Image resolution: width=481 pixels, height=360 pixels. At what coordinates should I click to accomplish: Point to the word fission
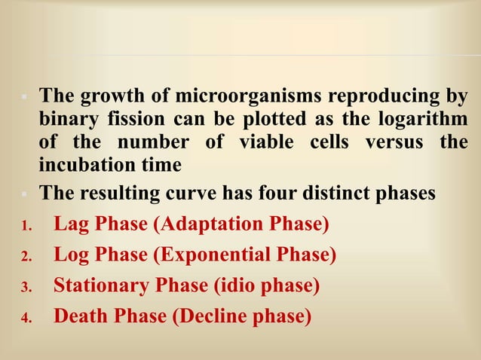click(138, 120)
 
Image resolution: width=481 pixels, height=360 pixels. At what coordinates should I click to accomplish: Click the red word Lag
click(71, 224)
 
